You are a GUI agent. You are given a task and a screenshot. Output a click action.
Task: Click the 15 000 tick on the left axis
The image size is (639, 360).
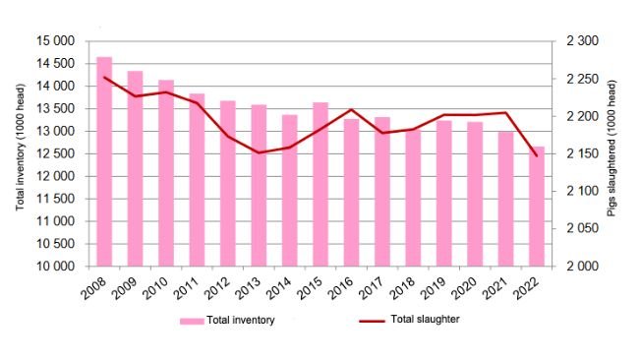tap(55, 41)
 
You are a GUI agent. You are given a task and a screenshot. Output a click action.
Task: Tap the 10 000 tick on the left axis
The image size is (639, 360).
tap(55, 267)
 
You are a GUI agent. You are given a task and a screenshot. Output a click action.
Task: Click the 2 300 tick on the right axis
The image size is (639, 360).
tap(577, 41)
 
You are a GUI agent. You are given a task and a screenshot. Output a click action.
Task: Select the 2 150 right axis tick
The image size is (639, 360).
tap(577, 154)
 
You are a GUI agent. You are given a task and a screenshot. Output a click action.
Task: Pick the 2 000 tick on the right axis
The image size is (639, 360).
tap(577, 267)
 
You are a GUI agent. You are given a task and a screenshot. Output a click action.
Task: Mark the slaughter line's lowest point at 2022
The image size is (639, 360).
tap(537, 155)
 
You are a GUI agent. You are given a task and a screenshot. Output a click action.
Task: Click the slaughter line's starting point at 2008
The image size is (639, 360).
tap(104, 78)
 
